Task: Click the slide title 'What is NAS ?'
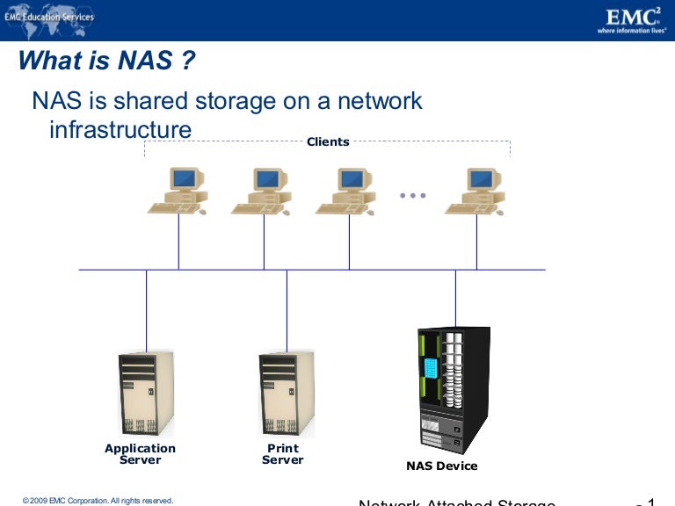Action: tap(106, 61)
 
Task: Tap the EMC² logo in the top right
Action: tap(631, 19)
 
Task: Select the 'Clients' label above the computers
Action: tap(328, 141)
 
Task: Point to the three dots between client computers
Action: tap(412, 195)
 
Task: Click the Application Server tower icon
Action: tap(146, 394)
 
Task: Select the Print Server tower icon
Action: tap(287, 394)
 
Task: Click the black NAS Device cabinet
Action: tap(454, 389)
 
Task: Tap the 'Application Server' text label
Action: tap(141, 454)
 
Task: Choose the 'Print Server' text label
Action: tap(283, 454)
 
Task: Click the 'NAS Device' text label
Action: tap(442, 466)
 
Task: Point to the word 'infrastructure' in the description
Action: tap(120, 130)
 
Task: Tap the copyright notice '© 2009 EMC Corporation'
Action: tap(98, 500)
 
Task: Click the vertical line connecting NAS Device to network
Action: tap(455, 299)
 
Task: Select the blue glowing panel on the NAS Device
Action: tap(431, 368)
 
